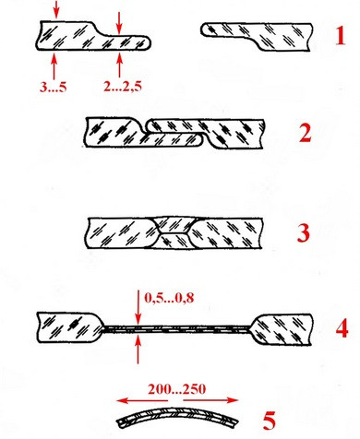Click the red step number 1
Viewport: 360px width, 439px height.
[340, 36]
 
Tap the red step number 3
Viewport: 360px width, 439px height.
[304, 232]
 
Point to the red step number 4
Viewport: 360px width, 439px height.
[342, 328]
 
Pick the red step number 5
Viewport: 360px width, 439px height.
[270, 421]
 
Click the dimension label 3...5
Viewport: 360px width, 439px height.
[53, 88]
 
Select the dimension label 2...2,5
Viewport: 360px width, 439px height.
[123, 88]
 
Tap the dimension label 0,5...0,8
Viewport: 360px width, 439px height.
[169, 298]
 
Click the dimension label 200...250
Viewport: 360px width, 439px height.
[176, 389]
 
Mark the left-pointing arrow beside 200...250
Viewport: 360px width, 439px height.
[142, 400]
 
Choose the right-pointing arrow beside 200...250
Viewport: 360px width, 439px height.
[210, 400]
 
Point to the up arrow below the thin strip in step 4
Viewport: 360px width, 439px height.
[138, 350]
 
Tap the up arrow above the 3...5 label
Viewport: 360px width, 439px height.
[54, 66]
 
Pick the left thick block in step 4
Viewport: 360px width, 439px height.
[70, 327]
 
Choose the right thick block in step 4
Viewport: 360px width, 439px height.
[282, 329]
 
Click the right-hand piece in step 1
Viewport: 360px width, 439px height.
[258, 36]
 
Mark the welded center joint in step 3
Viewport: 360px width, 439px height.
[174, 232]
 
